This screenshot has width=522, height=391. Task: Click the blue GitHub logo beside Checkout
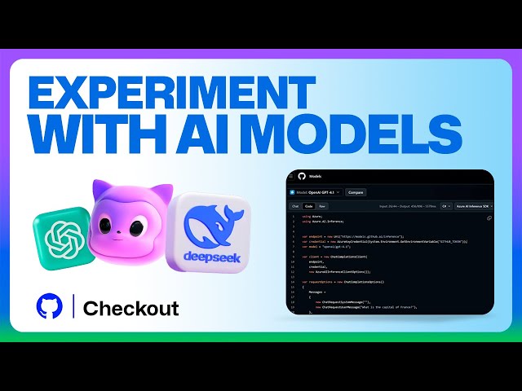50,307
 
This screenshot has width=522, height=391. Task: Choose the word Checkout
131,309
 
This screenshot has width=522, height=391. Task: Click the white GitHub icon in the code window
301,176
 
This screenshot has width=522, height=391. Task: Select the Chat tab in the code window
296,206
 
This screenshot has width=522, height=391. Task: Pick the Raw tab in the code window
323,206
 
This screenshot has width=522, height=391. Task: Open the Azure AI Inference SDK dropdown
474,206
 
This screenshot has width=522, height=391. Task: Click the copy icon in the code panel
489,218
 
